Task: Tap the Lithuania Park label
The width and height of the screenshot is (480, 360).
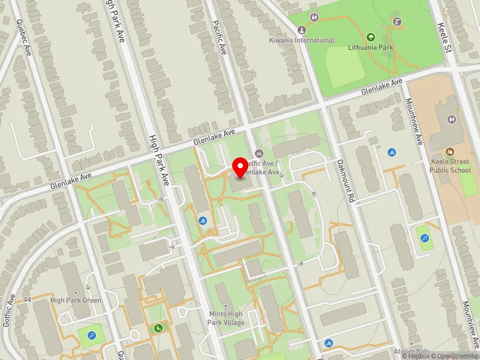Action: [370, 46]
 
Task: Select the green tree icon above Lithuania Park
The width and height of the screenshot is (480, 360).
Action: [370, 37]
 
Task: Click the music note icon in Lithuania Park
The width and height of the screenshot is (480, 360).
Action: [397, 22]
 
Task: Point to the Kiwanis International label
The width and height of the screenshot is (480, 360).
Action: [301, 40]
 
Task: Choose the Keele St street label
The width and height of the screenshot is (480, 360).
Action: [444, 37]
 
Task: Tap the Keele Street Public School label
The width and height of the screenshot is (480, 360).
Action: [450, 166]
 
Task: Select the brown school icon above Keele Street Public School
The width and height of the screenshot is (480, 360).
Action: [450, 152]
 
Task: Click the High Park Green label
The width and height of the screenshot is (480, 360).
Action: [76, 300]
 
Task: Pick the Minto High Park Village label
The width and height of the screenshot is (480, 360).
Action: [226, 318]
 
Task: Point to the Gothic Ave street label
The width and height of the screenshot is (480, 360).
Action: [9, 310]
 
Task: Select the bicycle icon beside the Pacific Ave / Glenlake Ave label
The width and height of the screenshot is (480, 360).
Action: [259, 153]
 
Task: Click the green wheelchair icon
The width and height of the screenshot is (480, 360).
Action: [158, 328]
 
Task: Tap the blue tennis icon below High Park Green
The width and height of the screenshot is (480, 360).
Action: [92, 335]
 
